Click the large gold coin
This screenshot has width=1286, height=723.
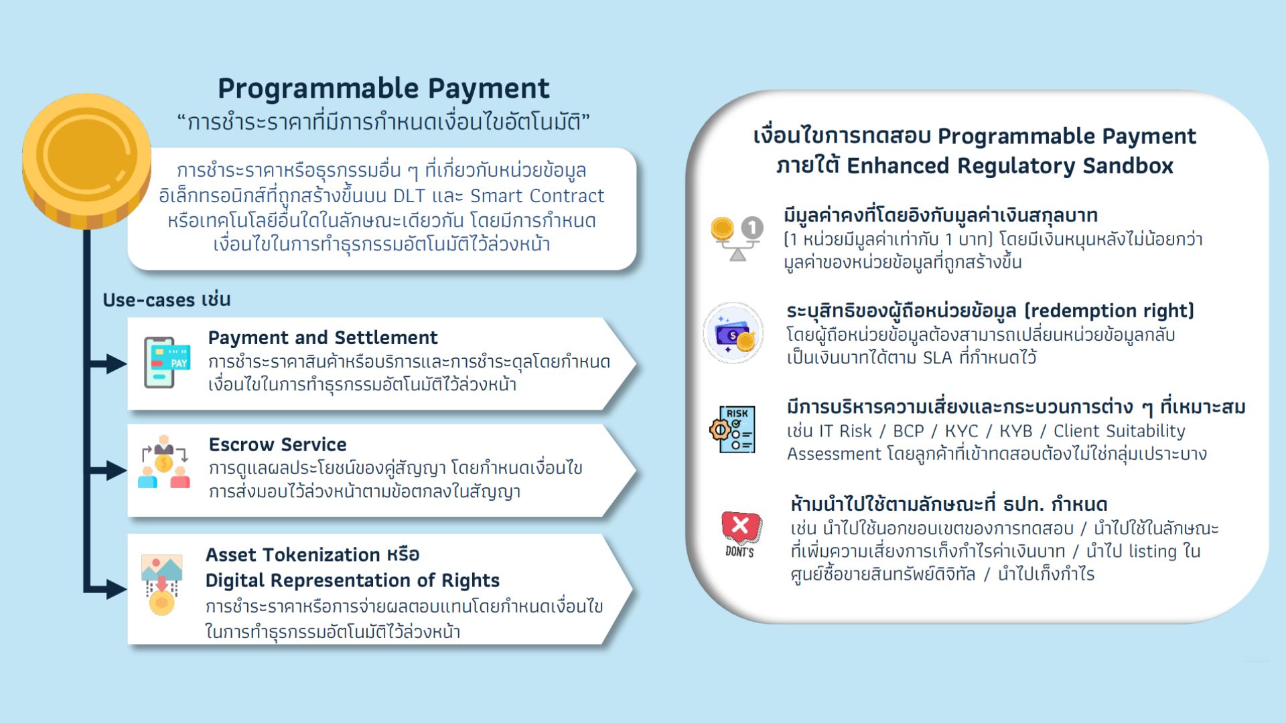(86, 161)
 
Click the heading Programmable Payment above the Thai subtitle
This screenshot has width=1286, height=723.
(383, 88)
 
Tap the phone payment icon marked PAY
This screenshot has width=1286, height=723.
(167, 362)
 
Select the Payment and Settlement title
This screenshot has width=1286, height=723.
(322, 337)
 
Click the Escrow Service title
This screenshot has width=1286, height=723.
(277, 445)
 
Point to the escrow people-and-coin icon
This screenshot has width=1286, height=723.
(164, 462)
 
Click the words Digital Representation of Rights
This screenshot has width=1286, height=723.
(352, 580)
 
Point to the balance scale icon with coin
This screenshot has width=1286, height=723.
(737, 238)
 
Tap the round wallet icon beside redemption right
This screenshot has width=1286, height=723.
(733, 333)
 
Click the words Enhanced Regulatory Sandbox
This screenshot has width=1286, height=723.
(1010, 165)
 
